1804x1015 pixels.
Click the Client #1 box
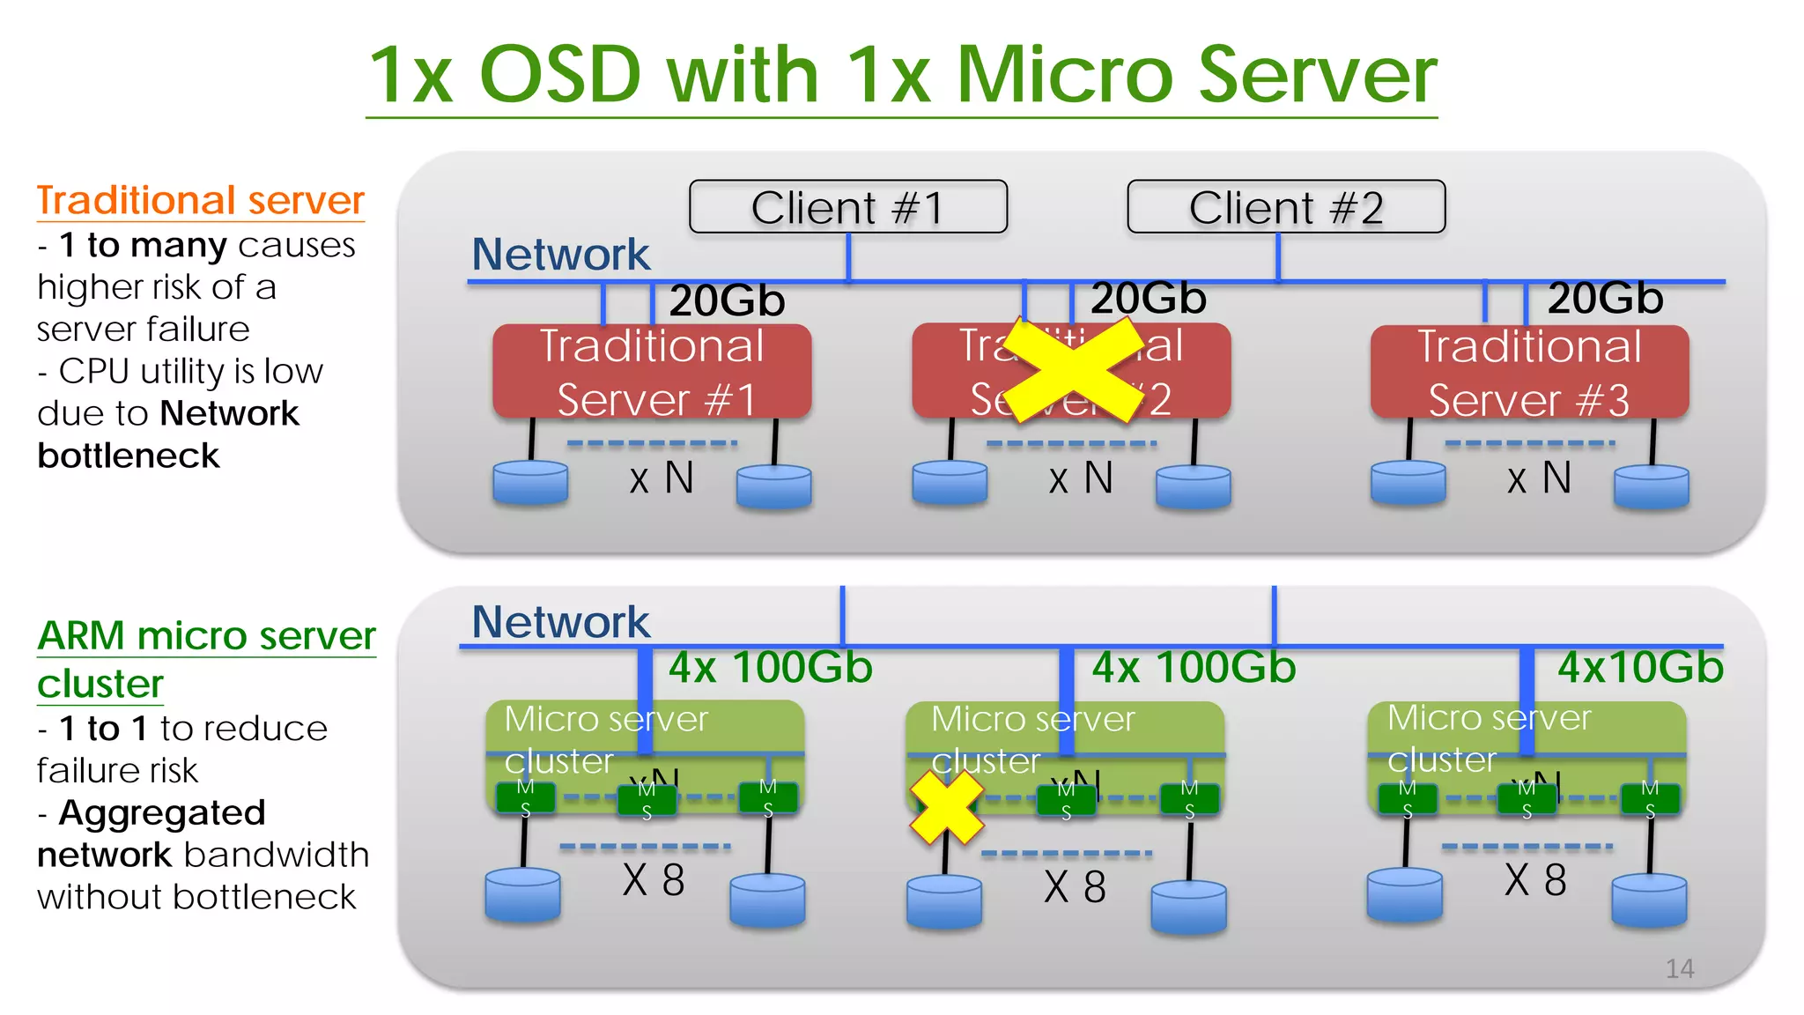pos(847,207)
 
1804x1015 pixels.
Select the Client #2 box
pos(1285,207)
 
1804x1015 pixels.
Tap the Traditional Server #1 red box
pos(652,371)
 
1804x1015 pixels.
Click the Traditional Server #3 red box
pos(1529,371)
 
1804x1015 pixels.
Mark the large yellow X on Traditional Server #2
pos(1072,370)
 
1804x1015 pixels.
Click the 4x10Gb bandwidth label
pos(1640,667)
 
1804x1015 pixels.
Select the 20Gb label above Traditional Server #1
pos(727,300)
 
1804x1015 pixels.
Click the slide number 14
pos(1679,968)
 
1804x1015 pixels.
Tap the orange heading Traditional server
pos(200,200)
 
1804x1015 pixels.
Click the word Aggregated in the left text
pos(162,812)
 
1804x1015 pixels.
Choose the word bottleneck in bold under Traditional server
pos(129,456)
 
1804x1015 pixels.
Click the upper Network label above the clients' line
pos(560,254)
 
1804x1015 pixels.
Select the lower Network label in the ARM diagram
pos(560,622)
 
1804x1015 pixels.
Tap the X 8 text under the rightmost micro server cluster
pos(1535,880)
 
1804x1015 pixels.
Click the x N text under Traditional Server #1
pos(662,478)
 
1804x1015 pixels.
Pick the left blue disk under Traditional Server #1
pos(530,483)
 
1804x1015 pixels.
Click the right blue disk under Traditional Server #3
pos(1651,487)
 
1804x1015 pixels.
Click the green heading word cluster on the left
pos(100,684)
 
